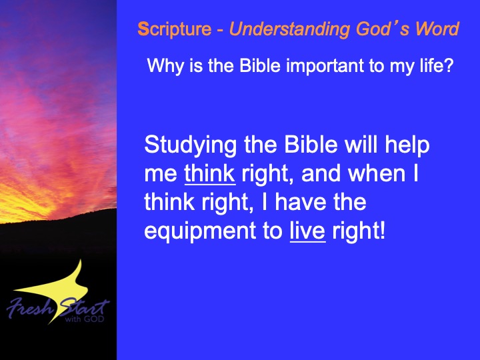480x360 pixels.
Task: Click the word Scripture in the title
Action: click(175, 29)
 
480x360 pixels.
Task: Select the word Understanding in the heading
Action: click(289, 29)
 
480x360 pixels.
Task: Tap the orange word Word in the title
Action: click(437, 29)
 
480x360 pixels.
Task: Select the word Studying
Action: click(190, 145)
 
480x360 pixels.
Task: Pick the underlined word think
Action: click(210, 173)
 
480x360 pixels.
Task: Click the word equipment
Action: click(200, 232)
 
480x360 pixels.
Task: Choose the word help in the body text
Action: click(407, 145)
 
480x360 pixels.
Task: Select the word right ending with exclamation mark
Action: click(359, 232)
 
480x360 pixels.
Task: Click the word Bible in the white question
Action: click(260, 65)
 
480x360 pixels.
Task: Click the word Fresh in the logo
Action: click(30, 307)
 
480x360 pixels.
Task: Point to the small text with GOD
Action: click(85, 319)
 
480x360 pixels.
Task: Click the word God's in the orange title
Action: click(383, 29)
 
